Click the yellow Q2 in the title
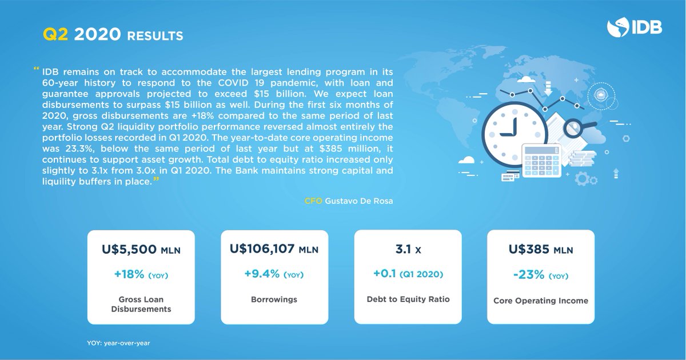tap(55, 35)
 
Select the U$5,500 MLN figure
tap(141, 250)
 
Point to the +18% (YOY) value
tap(141, 275)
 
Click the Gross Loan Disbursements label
tap(141, 305)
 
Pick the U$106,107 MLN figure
tap(274, 249)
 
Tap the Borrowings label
tap(274, 299)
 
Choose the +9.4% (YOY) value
tap(274, 274)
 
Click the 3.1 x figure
tap(408, 250)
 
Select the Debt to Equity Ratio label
tap(408, 299)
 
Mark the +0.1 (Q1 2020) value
tap(408, 274)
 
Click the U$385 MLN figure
tap(541, 250)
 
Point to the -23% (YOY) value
tap(541, 275)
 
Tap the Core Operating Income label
tap(541, 301)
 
